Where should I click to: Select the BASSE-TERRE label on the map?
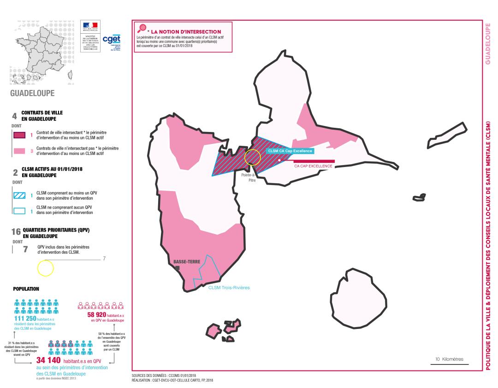tap(187, 262)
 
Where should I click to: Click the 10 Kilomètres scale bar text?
tap(450, 359)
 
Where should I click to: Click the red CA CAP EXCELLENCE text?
tap(313, 166)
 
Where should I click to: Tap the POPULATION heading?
tap(26, 289)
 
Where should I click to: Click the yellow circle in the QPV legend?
tap(45, 268)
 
